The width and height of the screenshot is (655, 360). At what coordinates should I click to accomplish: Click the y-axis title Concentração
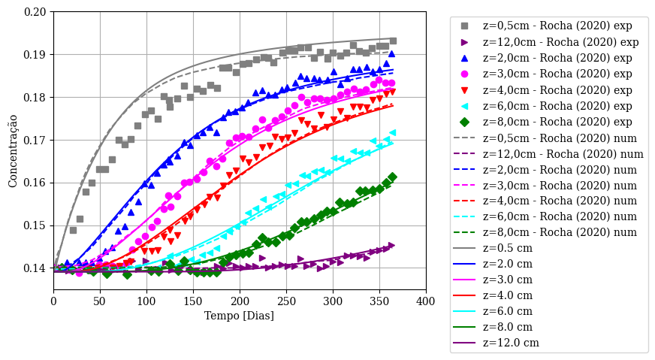click(13, 150)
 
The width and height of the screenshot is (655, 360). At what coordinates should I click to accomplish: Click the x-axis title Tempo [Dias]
click(240, 316)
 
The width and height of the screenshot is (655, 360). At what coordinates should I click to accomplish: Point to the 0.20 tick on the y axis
click(36, 12)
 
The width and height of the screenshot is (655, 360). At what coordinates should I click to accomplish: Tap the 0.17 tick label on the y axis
click(36, 141)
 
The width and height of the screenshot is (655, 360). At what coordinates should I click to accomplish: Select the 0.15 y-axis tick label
click(36, 226)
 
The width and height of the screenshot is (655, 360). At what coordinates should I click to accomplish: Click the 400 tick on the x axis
click(426, 301)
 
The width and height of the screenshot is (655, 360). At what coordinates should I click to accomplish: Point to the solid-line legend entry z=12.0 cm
click(514, 343)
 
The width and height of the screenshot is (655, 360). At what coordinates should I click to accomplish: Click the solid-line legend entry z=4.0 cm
click(511, 295)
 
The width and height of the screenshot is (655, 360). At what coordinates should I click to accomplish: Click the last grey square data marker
click(393, 41)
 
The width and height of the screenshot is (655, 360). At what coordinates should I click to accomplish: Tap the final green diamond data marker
click(392, 177)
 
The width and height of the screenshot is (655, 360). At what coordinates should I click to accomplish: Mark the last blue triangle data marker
click(391, 54)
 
